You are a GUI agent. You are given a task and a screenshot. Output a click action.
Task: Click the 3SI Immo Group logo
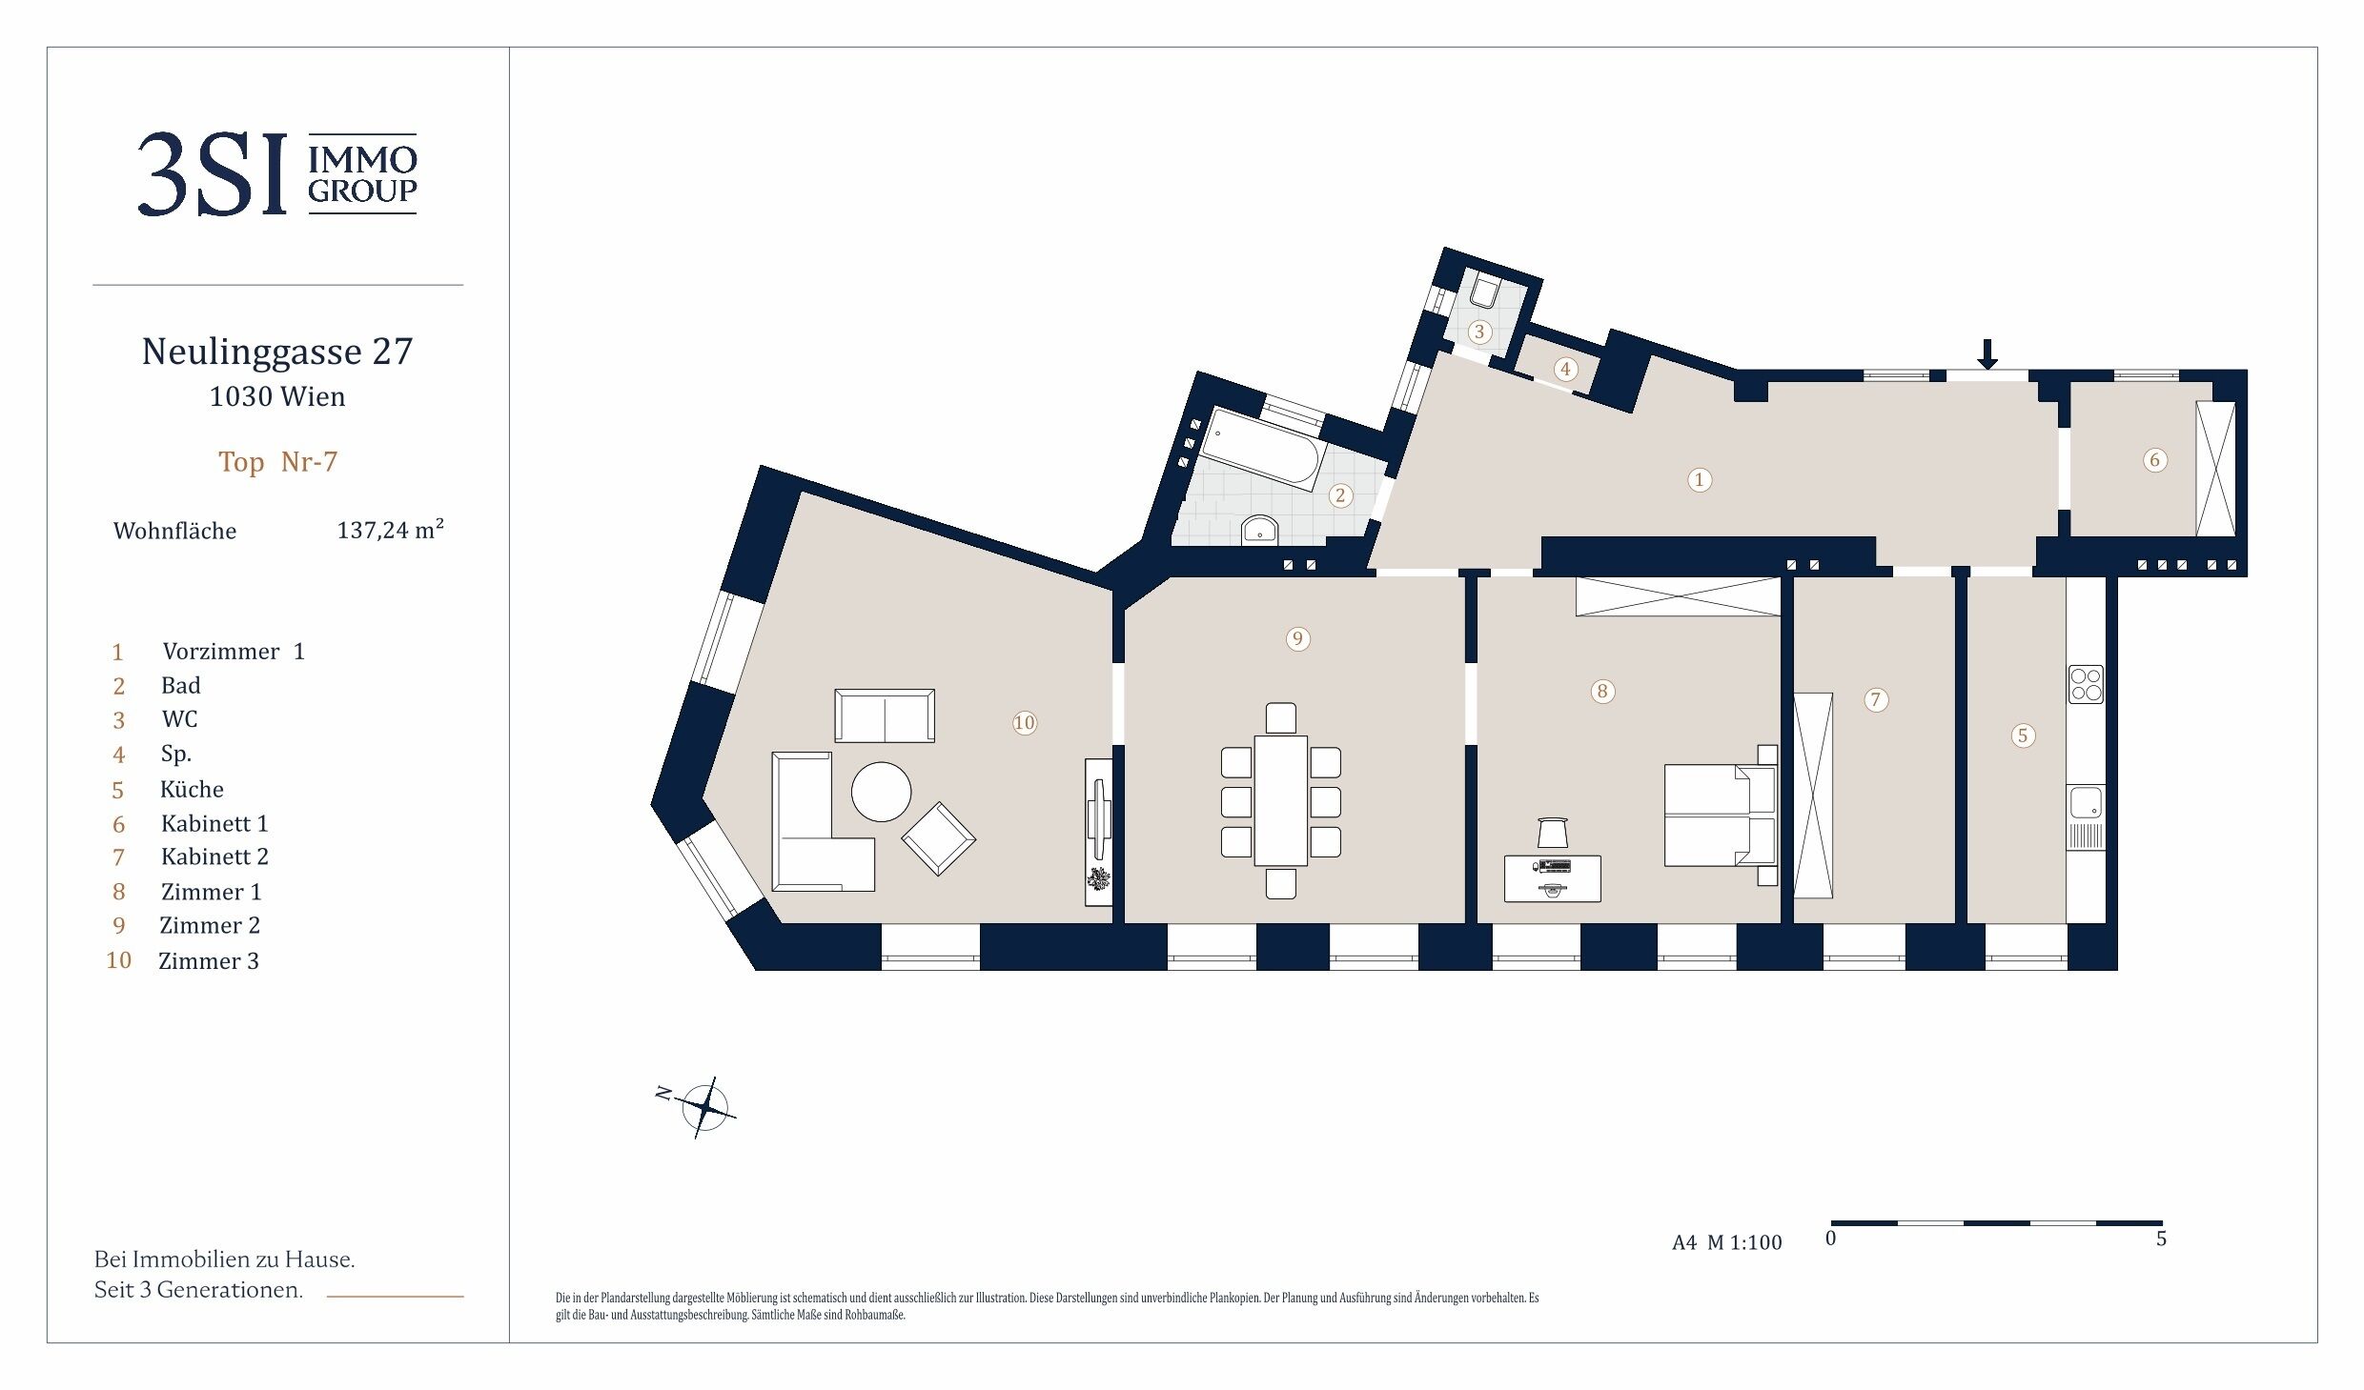pos(277,173)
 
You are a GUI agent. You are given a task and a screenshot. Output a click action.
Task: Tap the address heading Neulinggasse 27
pos(277,352)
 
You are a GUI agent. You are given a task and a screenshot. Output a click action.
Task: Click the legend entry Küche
pos(192,789)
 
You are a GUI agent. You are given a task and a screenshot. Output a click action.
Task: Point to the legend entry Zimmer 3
pos(209,960)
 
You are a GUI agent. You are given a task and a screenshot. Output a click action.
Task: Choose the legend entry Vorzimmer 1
pos(234,651)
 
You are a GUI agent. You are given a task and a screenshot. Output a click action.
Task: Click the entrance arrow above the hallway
pos(1987,354)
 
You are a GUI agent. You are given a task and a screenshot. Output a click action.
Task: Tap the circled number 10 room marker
pos(1025,723)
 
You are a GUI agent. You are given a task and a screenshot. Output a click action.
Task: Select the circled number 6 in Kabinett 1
pos(2155,460)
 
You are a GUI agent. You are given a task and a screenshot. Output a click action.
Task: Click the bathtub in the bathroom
pos(1262,450)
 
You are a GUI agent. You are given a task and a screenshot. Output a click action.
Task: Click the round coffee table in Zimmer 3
pos(881,792)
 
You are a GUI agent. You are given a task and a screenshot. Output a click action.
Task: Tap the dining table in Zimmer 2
pos(1281,800)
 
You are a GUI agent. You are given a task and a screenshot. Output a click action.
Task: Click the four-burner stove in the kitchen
pos(2086,684)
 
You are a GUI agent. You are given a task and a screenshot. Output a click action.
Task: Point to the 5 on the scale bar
pos(2161,1239)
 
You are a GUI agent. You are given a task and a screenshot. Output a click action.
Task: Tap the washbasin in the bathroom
pos(1260,531)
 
